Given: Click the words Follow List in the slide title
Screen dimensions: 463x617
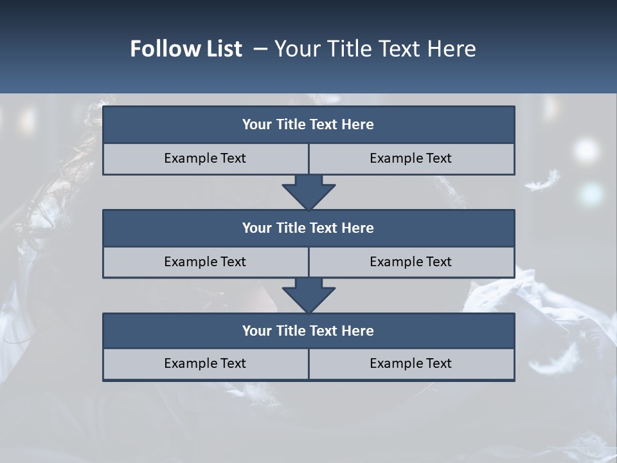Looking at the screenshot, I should (x=186, y=49).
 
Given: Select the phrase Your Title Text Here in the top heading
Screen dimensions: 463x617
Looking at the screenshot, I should (x=375, y=49).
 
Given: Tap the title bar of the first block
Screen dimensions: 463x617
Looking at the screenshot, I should (x=308, y=125).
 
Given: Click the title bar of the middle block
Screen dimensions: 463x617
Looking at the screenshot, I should (x=308, y=228).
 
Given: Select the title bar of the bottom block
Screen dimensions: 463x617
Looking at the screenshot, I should (x=308, y=331).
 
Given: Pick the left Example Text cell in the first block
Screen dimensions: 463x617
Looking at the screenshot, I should (x=205, y=158).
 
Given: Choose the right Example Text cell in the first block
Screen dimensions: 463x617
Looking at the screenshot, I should (x=411, y=158).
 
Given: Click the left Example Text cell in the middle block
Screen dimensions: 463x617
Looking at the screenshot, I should (x=205, y=262).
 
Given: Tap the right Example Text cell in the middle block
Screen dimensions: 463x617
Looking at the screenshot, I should (x=411, y=262).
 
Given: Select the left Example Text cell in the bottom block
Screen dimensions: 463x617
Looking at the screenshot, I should (x=205, y=363).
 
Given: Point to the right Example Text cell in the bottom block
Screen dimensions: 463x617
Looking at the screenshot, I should (x=411, y=363).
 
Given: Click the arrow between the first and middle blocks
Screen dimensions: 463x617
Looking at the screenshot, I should (x=308, y=192).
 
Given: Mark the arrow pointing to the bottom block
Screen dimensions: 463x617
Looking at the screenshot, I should (x=308, y=295).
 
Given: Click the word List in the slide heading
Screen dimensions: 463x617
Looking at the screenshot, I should (x=220, y=49).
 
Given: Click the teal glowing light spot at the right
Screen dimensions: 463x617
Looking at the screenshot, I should (x=590, y=192).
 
